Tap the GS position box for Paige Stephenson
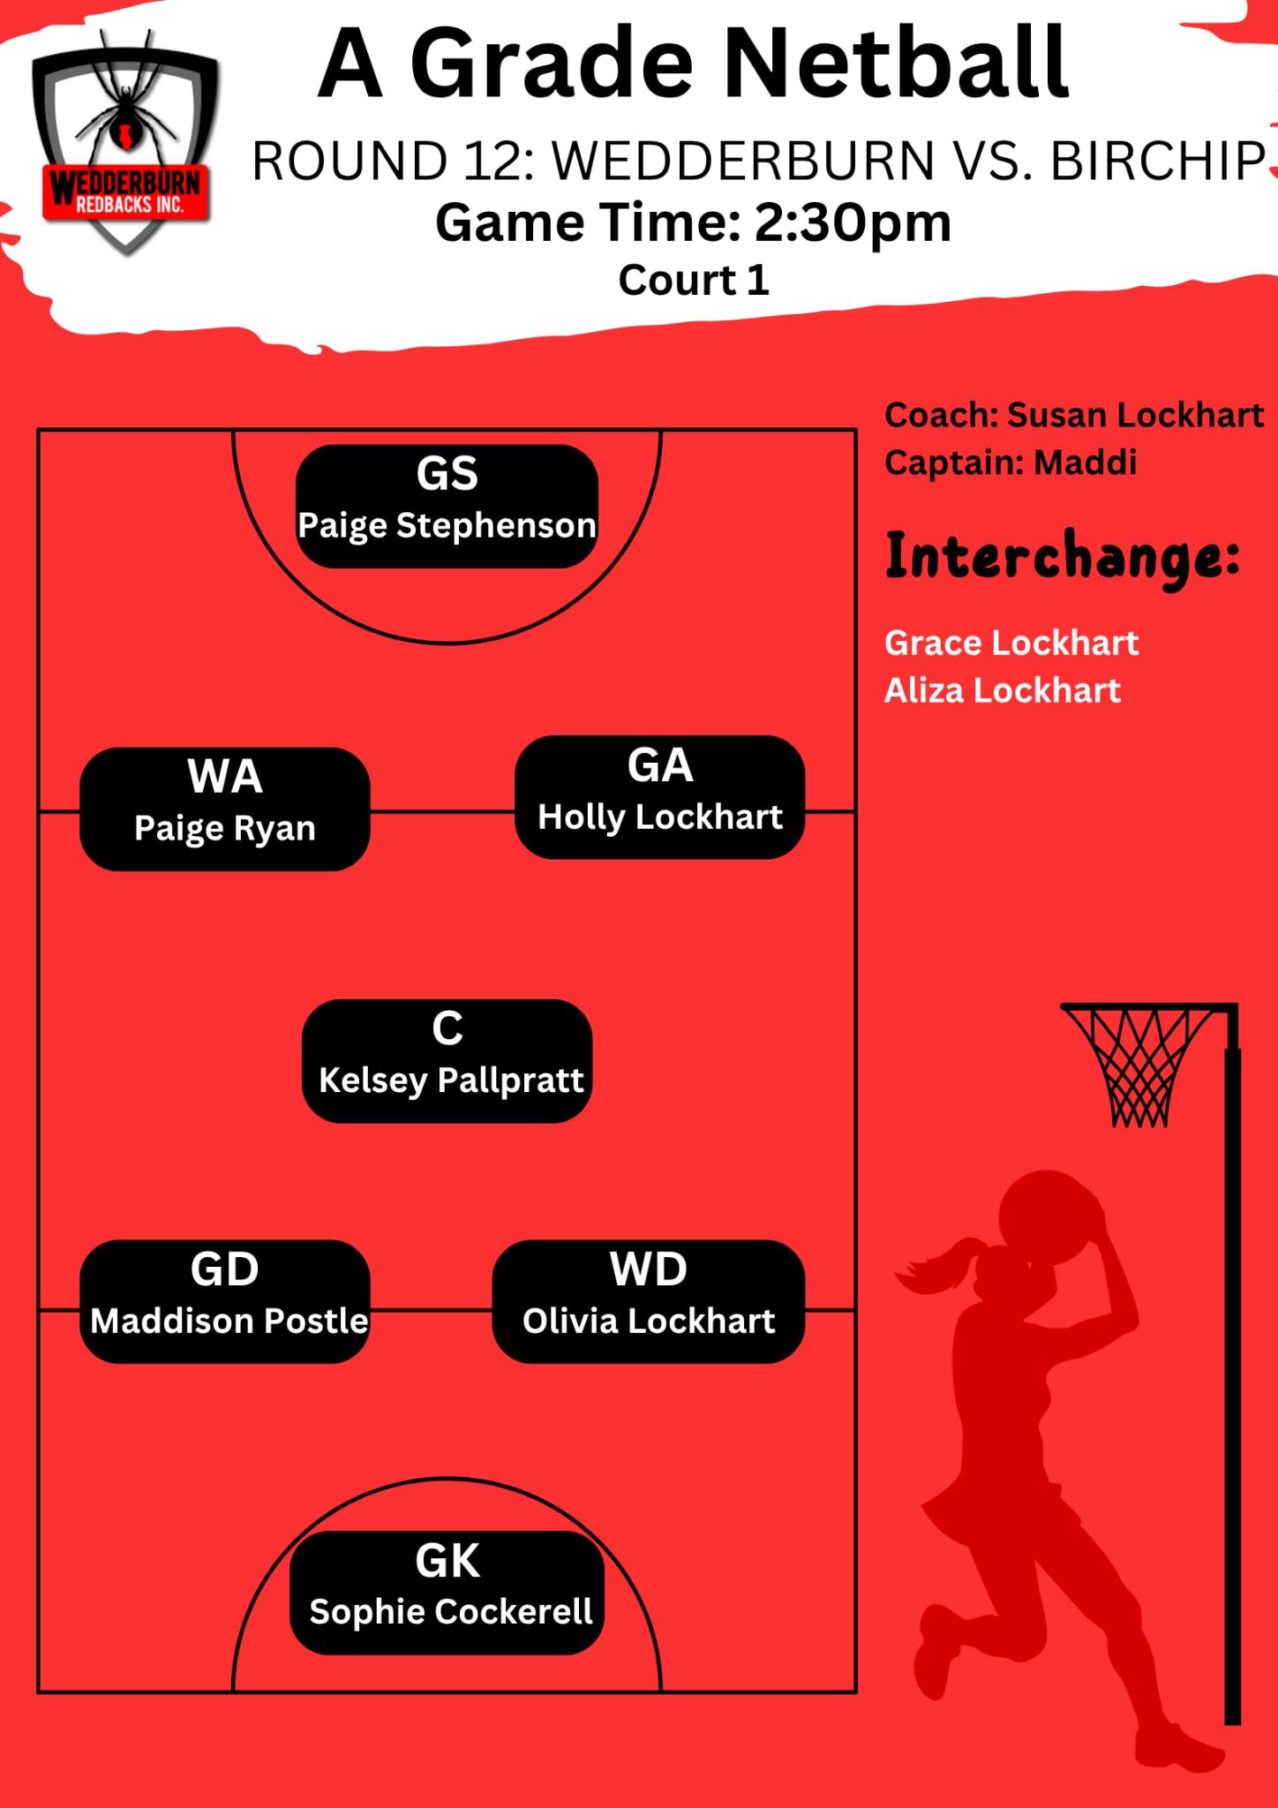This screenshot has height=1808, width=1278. pos(447,506)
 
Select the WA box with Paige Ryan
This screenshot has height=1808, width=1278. pos(225,809)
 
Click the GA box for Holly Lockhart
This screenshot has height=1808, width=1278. pos(659,797)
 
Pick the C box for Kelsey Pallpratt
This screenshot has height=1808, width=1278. pos(447,1061)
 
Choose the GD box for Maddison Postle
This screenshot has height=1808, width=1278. pos(225,1301)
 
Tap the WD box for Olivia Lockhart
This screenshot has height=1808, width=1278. pos(649,1301)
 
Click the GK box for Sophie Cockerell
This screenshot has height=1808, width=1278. pos(447,1593)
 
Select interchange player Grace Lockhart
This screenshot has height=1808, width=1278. pos(1011,643)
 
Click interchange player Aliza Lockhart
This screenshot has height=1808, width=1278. pos(1003,690)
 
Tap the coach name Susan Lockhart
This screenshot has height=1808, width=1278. pos(1135,415)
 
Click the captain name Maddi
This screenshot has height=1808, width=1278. pos(1086,462)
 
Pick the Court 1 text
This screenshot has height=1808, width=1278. pos(694,280)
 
